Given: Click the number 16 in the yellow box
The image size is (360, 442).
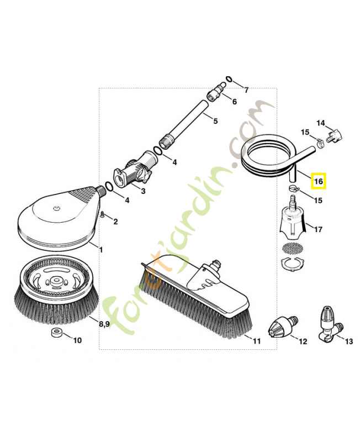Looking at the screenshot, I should coord(318,181).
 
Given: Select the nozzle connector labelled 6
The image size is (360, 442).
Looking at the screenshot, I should coord(216,91).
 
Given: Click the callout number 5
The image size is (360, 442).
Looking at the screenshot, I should coord(215,121).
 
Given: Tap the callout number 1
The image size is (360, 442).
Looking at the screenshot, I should coord(100,250).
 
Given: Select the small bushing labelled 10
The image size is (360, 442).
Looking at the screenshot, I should coord(55,333).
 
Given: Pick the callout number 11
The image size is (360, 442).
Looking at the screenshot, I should coord(256,341).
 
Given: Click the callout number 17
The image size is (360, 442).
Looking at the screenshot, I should coord(318,228).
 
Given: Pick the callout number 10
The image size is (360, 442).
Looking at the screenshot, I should coord(77,340).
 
